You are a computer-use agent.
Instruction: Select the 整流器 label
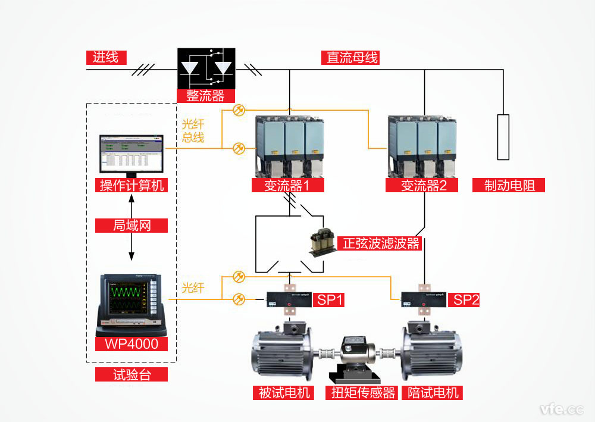[206, 95]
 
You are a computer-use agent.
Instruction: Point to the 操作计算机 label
[131, 185]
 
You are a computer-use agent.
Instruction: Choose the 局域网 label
[131, 226]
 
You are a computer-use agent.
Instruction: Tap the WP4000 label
[131, 344]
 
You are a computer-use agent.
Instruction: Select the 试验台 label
[131, 375]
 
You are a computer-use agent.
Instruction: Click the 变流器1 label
[288, 185]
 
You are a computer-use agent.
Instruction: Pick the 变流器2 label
[424, 185]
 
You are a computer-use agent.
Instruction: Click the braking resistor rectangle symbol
[503, 137]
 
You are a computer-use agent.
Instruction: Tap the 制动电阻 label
[509, 185]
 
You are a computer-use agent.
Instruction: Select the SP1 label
[330, 299]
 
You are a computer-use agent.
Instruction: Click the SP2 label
[466, 299]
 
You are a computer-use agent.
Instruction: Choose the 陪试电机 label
[431, 392]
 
